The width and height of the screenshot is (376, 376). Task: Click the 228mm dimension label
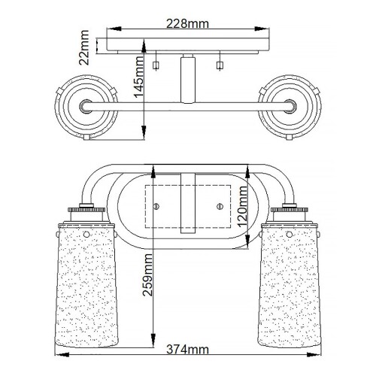[x=188, y=24]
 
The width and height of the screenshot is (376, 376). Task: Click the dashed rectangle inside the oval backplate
[x=188, y=205]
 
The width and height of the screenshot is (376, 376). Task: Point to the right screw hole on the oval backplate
[x=220, y=206]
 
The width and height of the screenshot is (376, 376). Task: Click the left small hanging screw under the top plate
[x=156, y=65]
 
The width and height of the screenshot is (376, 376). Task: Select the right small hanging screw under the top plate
[x=220, y=65]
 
